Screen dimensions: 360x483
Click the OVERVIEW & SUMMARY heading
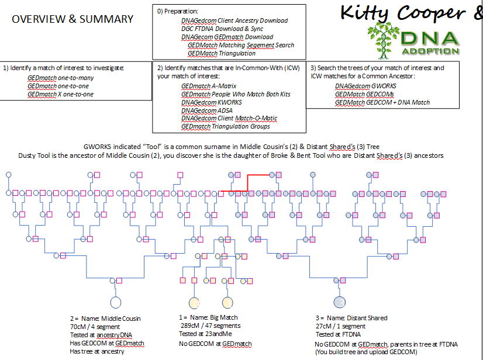(73, 19)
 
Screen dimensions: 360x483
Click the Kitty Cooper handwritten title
(410, 12)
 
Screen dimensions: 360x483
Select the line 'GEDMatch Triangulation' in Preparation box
(222, 53)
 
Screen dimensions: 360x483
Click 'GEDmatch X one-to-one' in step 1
(60, 94)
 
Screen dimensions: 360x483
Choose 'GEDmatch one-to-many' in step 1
(60, 78)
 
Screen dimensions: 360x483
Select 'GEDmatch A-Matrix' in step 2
(208, 86)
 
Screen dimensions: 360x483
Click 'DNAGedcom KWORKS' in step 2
(212, 102)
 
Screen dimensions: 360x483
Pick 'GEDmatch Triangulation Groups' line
(226, 126)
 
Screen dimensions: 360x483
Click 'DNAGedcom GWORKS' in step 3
(365, 86)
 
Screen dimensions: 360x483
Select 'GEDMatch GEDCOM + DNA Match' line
(382, 102)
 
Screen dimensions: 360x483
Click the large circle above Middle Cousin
(116, 302)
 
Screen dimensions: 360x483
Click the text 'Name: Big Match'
(212, 318)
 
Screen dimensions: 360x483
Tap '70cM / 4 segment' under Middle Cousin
(96, 327)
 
